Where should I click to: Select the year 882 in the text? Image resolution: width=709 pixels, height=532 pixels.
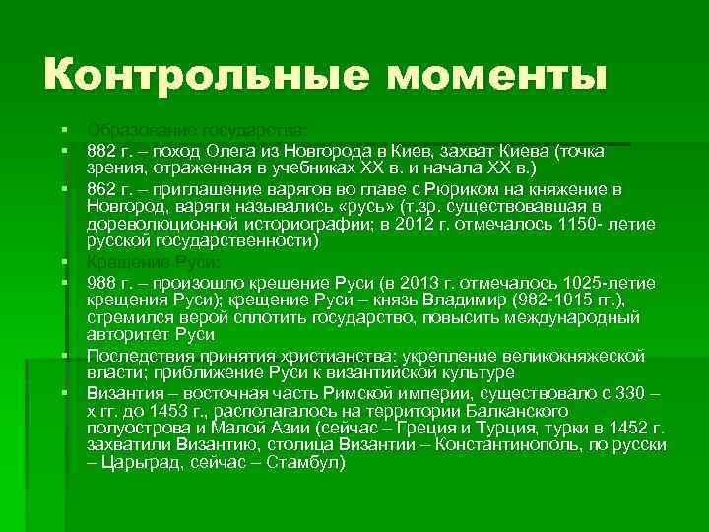click(x=100, y=152)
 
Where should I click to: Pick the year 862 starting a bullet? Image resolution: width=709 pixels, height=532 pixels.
click(x=100, y=189)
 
